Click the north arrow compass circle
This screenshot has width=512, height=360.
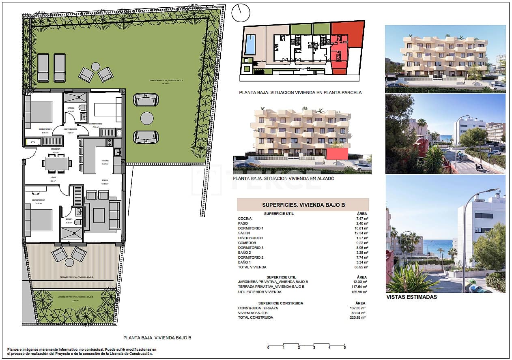(241, 13)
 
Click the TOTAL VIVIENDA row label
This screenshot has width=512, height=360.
(252, 267)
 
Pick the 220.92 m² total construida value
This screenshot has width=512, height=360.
(358, 317)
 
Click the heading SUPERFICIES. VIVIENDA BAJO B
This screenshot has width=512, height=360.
(303, 205)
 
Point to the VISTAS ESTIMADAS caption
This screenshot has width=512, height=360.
(411, 297)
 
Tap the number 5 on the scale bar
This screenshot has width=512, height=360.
(344, 347)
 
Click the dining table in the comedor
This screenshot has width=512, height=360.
(57, 163)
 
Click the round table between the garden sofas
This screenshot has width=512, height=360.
(146, 118)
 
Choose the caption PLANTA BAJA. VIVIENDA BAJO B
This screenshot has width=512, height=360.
(157, 337)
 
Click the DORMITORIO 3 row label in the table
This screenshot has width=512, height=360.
(251, 248)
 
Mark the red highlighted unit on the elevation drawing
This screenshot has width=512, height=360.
(337, 154)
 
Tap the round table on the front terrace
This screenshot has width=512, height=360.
(69, 262)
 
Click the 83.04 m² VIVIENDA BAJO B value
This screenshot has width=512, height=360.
(358, 313)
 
